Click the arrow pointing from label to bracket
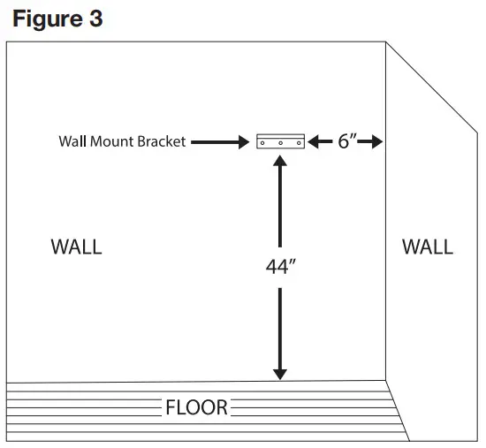coord(221,141)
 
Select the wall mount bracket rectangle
coord(280,141)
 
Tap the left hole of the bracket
coord(265,141)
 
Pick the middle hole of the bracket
coord(280,141)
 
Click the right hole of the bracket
coord(295,141)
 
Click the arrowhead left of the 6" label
coord(316,141)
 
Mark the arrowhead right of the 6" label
coord(377,141)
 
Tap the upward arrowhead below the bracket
coord(280,162)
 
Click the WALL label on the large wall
coord(76,247)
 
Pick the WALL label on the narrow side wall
coord(428,247)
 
